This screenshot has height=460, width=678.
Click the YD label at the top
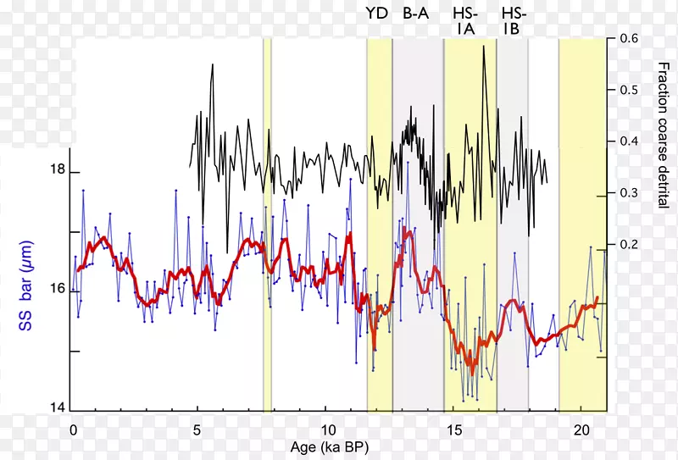tap(376, 13)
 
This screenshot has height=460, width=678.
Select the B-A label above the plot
tap(415, 13)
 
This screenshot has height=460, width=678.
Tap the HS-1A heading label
tap(465, 21)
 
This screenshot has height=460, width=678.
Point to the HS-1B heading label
tap(514, 21)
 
